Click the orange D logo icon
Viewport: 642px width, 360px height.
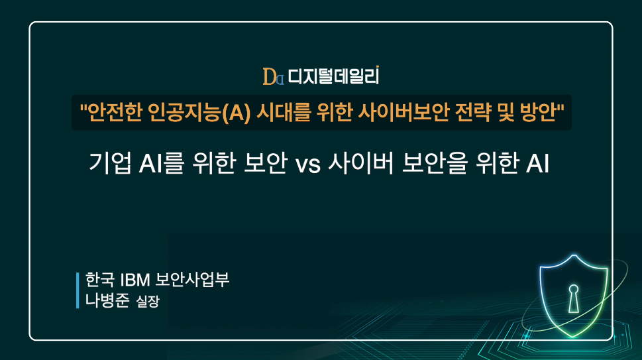pos(273,77)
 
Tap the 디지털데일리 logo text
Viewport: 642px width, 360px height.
pos(333,76)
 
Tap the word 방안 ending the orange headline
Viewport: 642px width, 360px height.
pos(538,112)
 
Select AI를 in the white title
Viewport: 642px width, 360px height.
pos(161,163)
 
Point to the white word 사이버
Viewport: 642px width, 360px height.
pos(360,163)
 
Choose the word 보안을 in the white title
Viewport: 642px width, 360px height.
pos(435,163)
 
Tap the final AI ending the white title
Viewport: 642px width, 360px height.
pos(537,163)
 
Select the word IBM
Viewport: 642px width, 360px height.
pos(136,280)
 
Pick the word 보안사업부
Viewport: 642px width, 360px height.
pos(193,280)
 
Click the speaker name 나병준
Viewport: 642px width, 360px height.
pos(107,300)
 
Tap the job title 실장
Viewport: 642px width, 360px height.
pos(148,302)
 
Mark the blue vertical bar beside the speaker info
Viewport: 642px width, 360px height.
pos(78,290)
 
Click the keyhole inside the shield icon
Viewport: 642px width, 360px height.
pos(574,298)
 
